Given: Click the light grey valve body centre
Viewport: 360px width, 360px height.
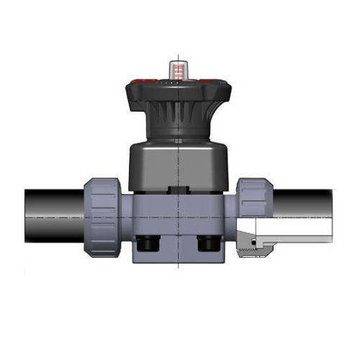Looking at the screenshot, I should pyautogui.click(x=177, y=216).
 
